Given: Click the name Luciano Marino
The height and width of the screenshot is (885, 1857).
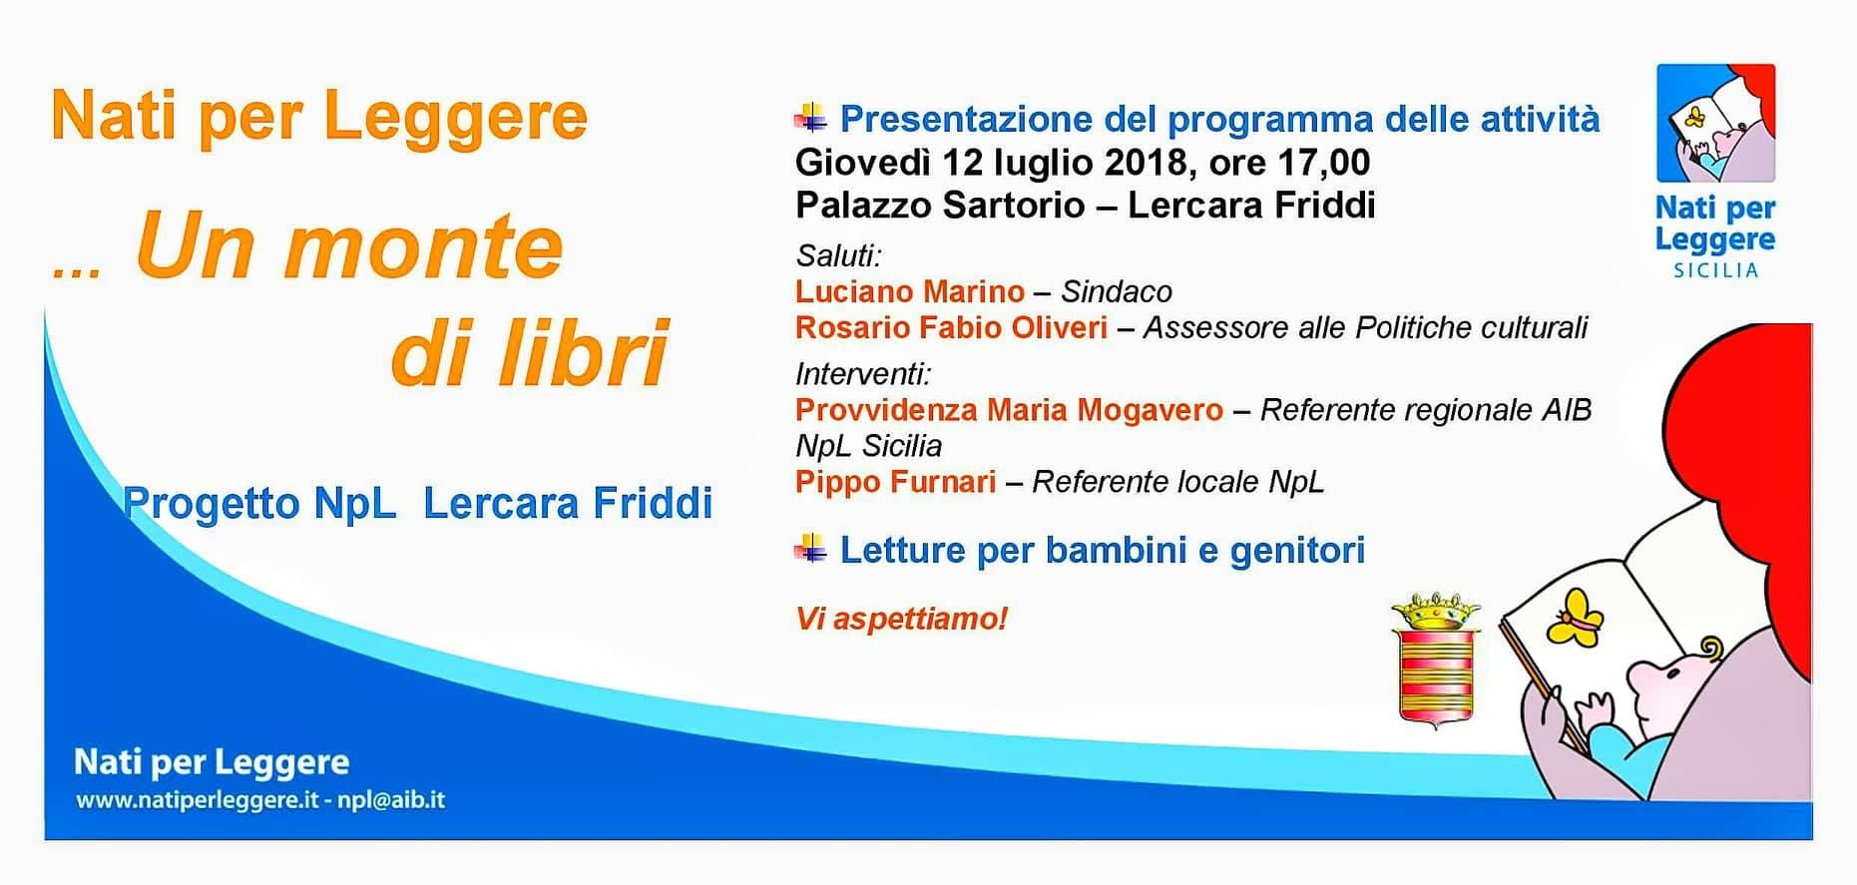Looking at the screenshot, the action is pos(910,291).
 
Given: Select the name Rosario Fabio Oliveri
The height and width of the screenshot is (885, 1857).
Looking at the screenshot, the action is pos(952,327).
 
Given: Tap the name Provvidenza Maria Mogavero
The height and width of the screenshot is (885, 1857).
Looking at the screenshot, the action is pos(1009,410).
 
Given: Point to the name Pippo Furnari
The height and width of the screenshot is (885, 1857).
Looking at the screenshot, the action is pos(896,482).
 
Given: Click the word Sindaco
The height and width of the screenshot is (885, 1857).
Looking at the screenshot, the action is pos(1117,291).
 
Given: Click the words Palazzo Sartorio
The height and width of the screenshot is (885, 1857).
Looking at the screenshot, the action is pos(940,206).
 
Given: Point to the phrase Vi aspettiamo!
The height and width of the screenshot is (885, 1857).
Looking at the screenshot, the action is pos(902,619).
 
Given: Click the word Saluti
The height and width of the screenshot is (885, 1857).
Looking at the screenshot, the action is pos(836,255).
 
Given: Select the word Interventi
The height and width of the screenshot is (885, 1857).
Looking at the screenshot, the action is pos(860,374).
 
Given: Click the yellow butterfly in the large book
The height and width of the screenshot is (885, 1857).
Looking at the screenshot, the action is pos(1575,619).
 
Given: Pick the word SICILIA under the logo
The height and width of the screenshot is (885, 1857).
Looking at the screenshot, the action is pos(1715,270).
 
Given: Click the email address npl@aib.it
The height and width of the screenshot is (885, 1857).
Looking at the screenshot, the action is pos(391,800).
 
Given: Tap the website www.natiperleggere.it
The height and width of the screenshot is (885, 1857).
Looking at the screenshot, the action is pos(197,800).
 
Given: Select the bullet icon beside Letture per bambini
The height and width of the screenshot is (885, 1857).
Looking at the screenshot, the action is pos(810,549).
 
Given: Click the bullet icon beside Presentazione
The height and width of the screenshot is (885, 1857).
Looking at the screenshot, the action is pos(810,119).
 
